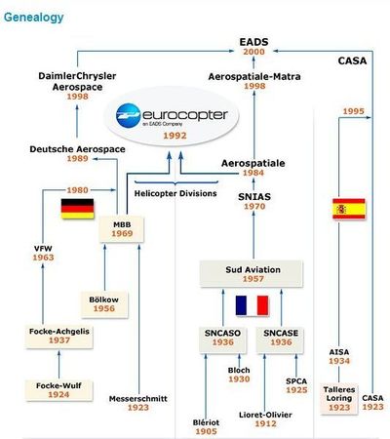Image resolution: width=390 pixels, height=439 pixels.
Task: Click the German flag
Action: tap(77, 209)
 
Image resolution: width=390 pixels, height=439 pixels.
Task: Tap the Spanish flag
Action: tap(349, 209)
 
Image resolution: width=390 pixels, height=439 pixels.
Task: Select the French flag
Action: tap(253, 305)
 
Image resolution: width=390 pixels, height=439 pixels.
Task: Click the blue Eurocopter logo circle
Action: tap(129, 115)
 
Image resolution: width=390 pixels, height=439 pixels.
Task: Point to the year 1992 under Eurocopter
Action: tap(175, 136)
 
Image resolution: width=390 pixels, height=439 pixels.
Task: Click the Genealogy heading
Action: tap(34, 18)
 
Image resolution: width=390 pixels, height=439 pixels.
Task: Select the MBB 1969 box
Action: tap(122, 229)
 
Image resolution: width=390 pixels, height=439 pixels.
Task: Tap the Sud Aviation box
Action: tap(251, 274)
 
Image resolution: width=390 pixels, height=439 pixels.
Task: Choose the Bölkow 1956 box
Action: tap(104, 304)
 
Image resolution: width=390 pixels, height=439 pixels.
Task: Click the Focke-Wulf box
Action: tap(58, 390)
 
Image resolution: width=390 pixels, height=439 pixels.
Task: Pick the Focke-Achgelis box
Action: tap(59, 336)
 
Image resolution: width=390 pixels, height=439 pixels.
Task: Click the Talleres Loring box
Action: tap(339, 398)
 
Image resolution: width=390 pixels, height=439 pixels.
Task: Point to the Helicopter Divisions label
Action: tap(175, 193)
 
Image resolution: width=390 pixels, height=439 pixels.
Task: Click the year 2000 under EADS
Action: tap(253, 52)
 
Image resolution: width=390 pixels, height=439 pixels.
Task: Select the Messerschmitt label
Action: tap(138, 399)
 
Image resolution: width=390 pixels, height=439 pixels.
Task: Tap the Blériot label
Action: tap(206, 422)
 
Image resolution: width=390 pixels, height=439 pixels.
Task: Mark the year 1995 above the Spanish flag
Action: tap(354, 111)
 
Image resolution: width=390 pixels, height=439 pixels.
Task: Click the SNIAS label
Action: tap(254, 197)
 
